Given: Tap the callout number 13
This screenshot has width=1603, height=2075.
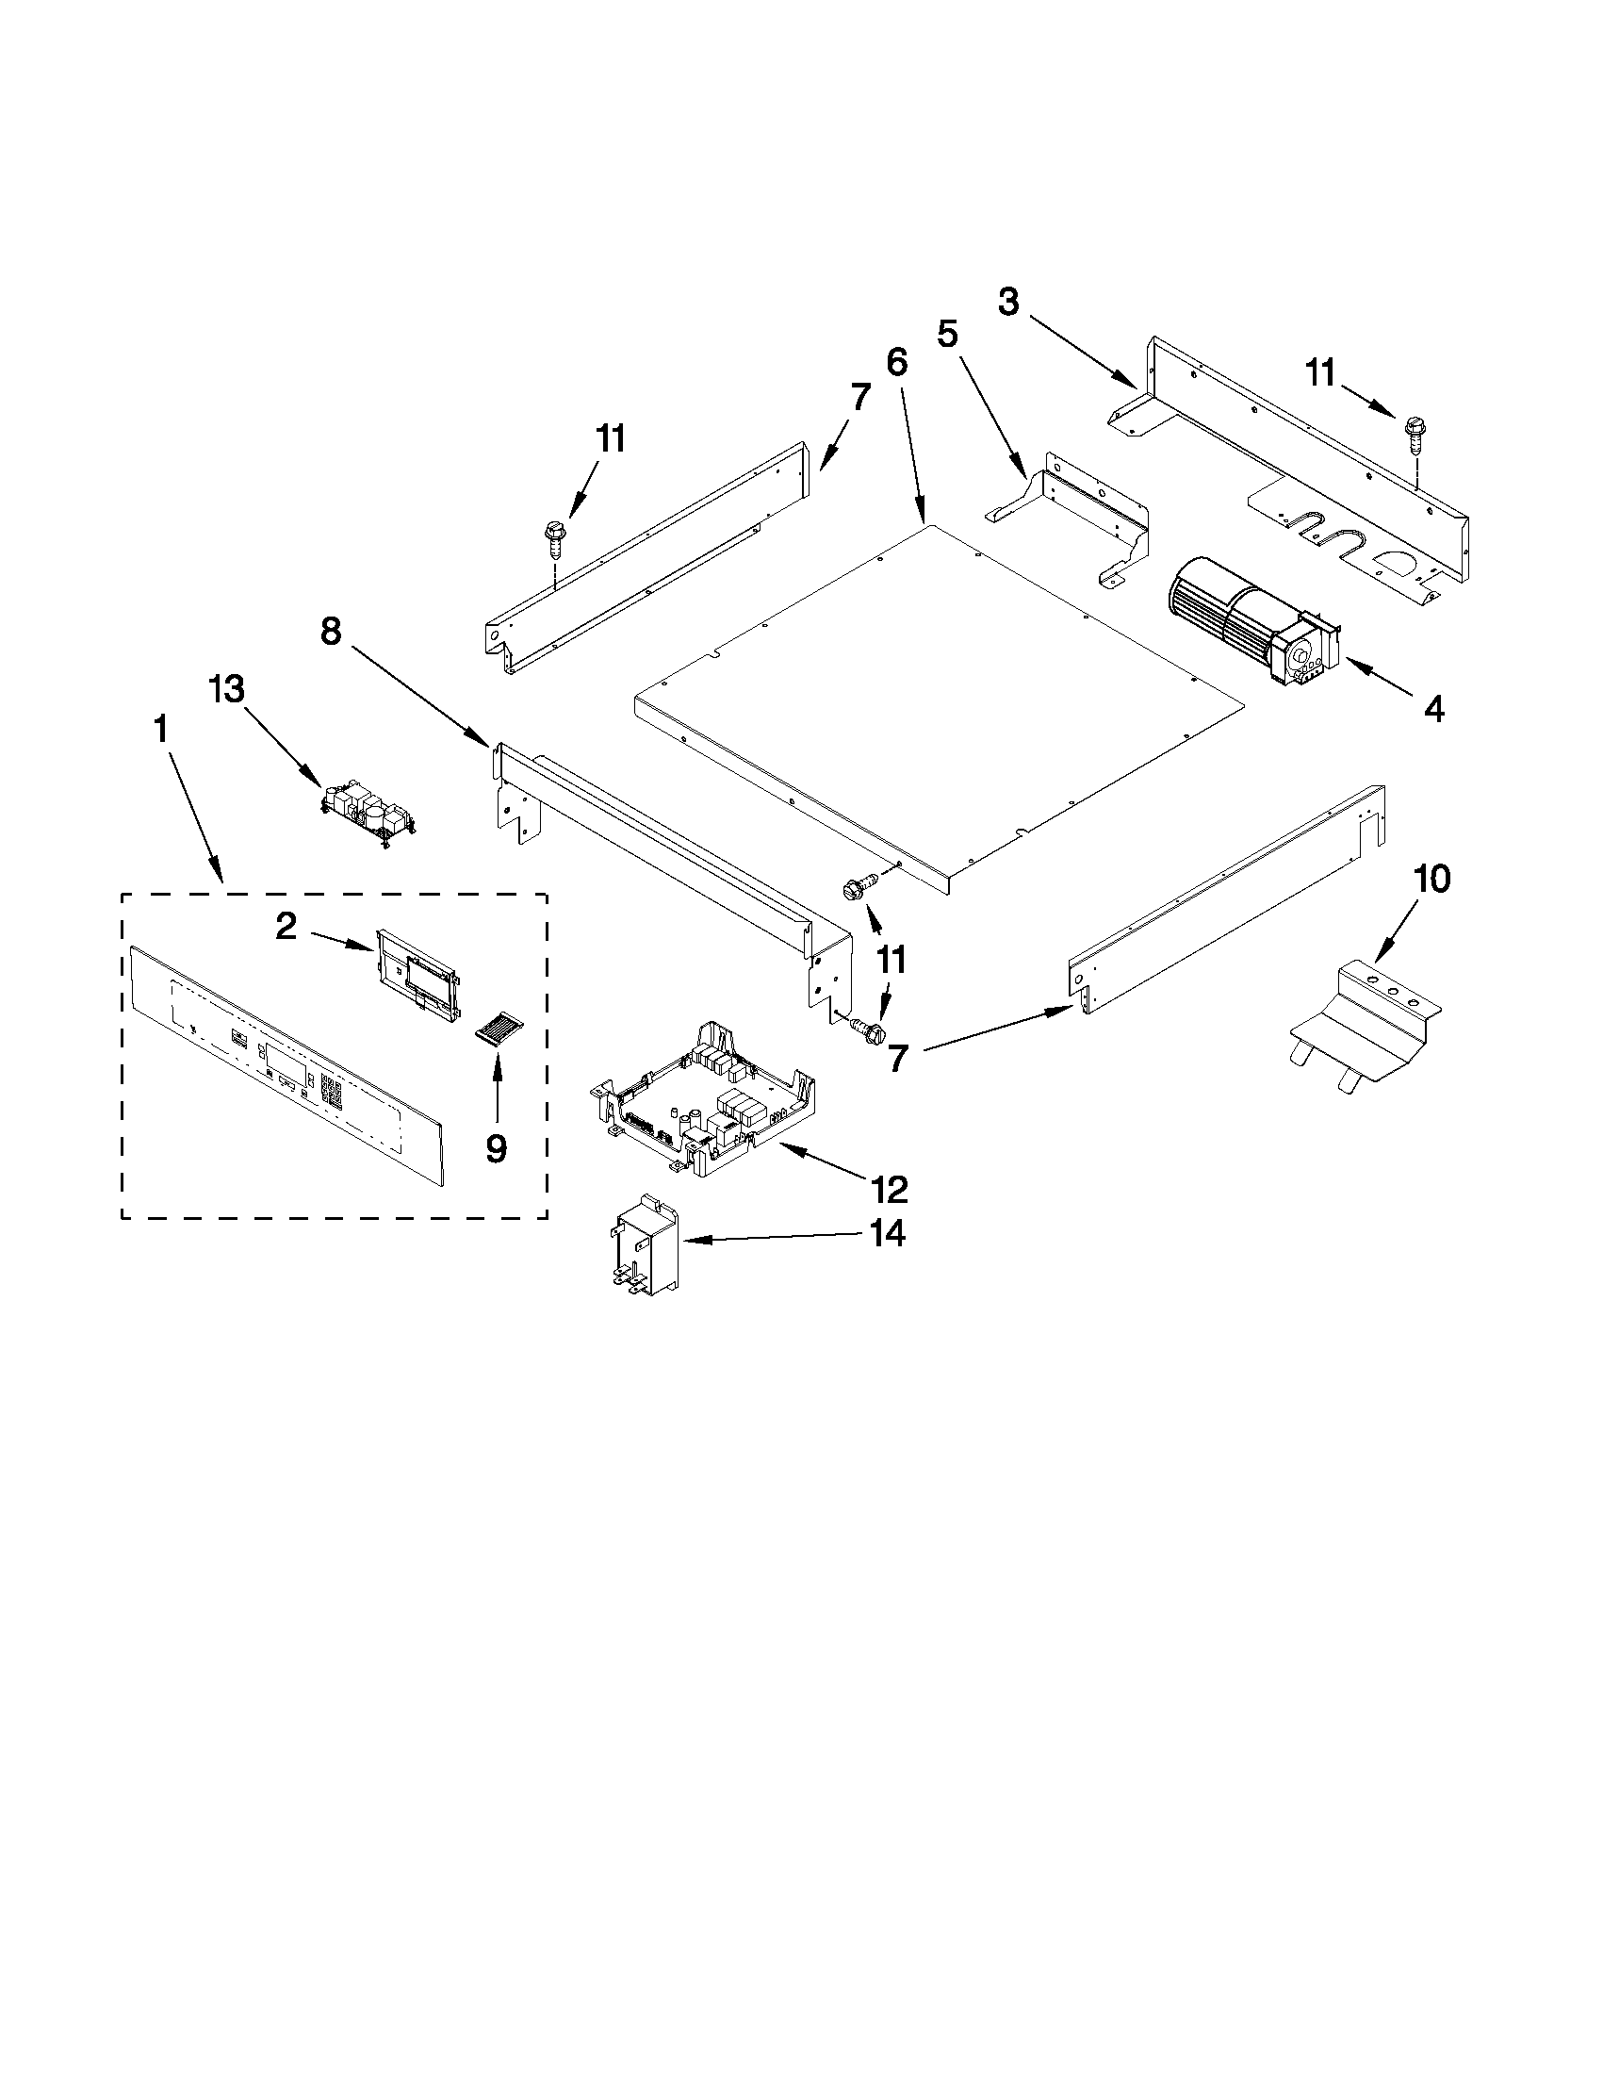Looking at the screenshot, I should (227, 690).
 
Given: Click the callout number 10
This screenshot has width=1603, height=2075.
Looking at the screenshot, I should (1432, 879).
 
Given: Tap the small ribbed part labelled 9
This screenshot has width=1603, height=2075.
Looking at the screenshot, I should (499, 1029).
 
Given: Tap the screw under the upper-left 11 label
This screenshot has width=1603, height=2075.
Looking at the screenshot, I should (552, 537).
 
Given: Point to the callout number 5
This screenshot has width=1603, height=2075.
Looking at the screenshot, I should (947, 334).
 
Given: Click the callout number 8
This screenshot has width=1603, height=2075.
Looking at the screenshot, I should (330, 631).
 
